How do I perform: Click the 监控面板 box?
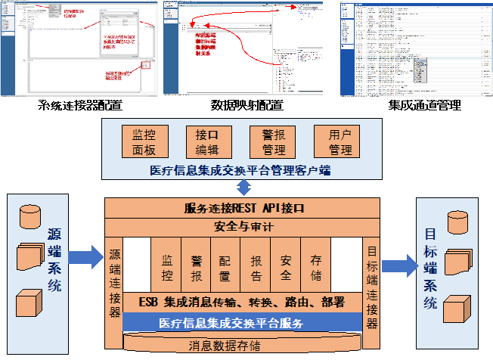point(144,142)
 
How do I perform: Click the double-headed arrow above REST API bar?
point(243,188)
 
